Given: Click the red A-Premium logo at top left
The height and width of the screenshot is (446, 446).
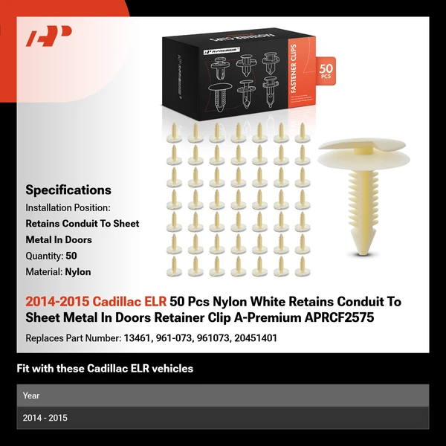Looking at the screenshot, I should [x=49, y=36].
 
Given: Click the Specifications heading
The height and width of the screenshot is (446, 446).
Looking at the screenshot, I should [x=68, y=190].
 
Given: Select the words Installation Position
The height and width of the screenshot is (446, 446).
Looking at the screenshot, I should [x=68, y=207].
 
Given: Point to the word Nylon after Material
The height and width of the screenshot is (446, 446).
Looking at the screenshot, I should [x=77, y=272].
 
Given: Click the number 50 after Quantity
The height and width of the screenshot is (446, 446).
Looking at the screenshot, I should [x=71, y=256].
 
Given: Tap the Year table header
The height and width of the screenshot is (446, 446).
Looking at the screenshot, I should [x=31, y=395].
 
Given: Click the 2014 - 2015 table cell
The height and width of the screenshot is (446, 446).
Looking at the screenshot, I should [x=45, y=418].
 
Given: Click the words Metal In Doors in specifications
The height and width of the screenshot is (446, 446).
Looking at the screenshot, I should [x=59, y=239].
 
